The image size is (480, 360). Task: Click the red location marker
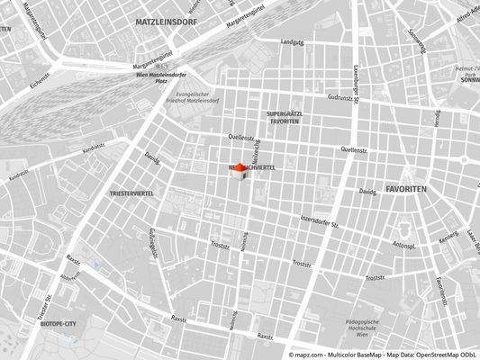click(x=240, y=169)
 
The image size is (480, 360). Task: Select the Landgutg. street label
click(x=293, y=42)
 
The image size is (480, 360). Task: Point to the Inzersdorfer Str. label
click(x=319, y=220)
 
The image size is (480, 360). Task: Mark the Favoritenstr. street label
click(x=440, y=289)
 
